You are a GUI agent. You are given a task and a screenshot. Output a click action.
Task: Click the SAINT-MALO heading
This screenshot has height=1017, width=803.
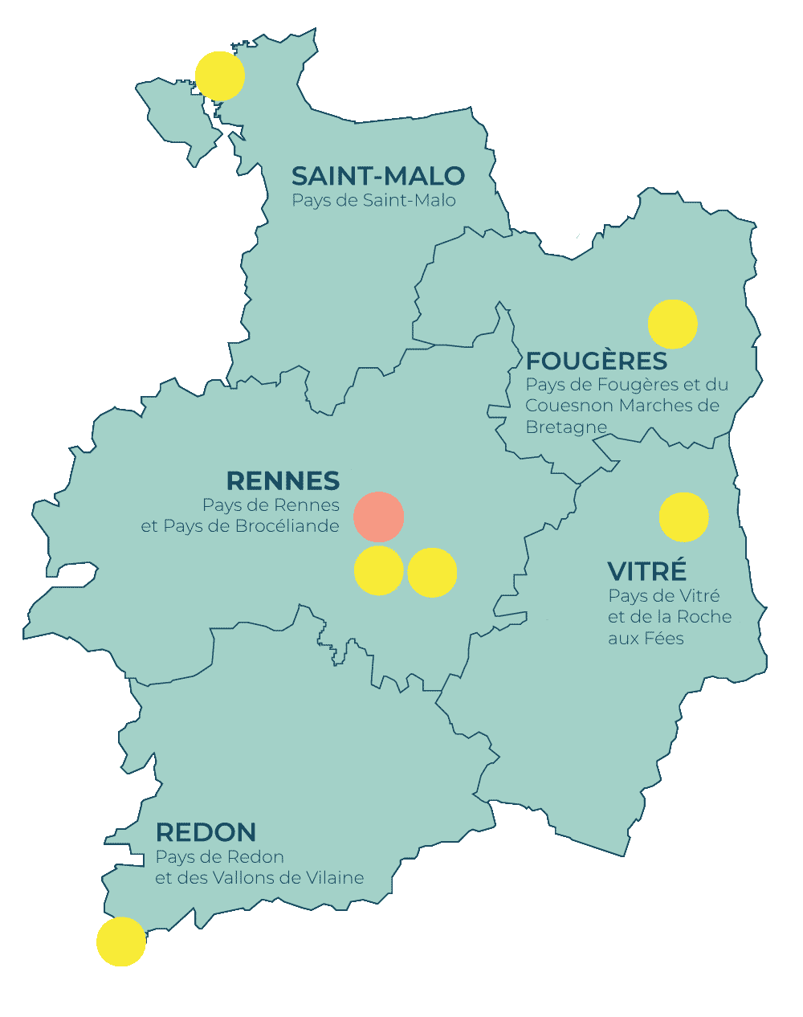click(377, 176)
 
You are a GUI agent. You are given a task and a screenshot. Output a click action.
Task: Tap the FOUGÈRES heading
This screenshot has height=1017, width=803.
click(596, 361)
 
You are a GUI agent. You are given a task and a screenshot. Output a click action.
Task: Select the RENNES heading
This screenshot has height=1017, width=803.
click(283, 481)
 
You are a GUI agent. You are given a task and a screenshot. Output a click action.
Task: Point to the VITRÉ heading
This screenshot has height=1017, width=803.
click(646, 571)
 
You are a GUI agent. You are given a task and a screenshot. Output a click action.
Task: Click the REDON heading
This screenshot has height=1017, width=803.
click(206, 832)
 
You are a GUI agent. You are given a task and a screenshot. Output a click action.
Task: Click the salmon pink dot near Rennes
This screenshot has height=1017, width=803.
click(379, 517)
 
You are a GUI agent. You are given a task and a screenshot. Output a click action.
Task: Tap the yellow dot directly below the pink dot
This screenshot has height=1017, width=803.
click(379, 571)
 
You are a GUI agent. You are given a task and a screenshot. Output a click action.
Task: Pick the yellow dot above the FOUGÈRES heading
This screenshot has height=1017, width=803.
click(673, 325)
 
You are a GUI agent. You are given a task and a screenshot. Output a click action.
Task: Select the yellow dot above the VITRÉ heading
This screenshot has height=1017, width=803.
click(683, 517)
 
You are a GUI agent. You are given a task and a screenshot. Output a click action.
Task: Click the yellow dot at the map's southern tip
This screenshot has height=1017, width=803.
click(121, 941)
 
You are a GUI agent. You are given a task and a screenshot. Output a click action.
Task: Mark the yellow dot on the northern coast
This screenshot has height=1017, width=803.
click(220, 76)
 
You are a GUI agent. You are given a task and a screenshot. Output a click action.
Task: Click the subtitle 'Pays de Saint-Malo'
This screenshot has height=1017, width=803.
click(373, 201)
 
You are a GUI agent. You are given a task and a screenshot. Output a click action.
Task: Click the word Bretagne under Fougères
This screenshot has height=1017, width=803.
click(565, 427)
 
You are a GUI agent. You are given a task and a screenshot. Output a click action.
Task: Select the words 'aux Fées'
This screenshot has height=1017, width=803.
click(646, 639)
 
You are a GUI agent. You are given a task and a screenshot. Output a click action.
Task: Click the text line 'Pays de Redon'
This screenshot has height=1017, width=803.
click(219, 857)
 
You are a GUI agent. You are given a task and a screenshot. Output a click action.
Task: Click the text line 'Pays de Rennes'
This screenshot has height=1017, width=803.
click(271, 505)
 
